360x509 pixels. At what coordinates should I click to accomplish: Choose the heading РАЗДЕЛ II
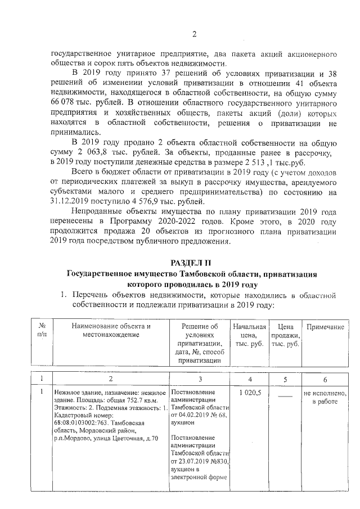click(193, 263)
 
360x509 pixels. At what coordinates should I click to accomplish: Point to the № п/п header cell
click(40, 331)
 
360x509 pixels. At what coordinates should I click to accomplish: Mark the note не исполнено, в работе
click(325, 397)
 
